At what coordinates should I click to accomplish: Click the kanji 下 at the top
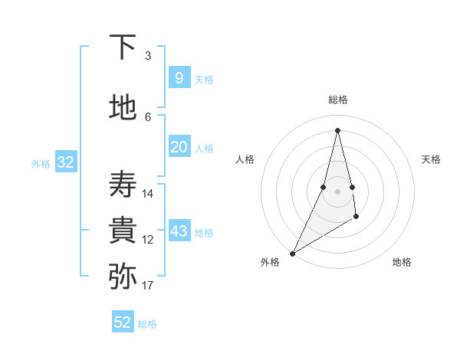(123, 47)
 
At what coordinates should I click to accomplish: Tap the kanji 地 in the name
(123, 107)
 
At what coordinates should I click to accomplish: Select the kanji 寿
(123, 185)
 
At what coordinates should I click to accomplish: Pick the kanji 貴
(123, 231)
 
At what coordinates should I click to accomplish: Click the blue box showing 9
(179, 78)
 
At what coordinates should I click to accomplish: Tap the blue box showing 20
(179, 147)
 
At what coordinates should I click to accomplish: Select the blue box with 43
(179, 231)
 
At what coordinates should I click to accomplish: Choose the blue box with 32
(65, 162)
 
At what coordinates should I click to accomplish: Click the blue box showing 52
(123, 322)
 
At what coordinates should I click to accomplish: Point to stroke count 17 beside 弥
(148, 286)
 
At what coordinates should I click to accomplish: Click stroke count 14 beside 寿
(148, 194)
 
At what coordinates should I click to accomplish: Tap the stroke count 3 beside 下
(148, 56)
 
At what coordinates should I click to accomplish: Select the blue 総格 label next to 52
(147, 324)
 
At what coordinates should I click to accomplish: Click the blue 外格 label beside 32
(41, 163)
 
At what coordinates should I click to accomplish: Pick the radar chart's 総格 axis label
(338, 100)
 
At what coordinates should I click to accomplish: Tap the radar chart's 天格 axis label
(431, 159)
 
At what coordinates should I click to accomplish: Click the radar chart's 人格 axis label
(245, 159)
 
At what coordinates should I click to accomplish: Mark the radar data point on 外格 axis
(292, 253)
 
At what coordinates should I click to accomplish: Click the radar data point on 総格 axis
(337, 130)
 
